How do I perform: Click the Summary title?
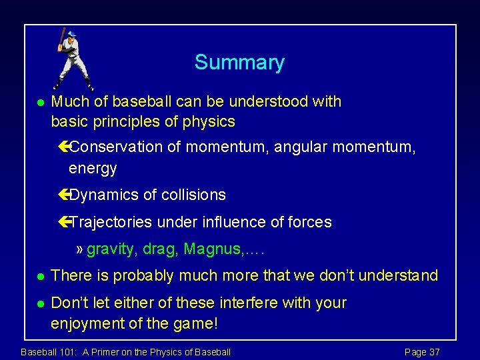(239, 63)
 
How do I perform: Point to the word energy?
(93, 169)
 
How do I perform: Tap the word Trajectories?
(111, 222)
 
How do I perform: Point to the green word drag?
(161, 249)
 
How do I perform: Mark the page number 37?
(433, 352)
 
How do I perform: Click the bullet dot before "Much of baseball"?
(40, 103)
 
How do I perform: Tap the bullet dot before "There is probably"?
(40, 276)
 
